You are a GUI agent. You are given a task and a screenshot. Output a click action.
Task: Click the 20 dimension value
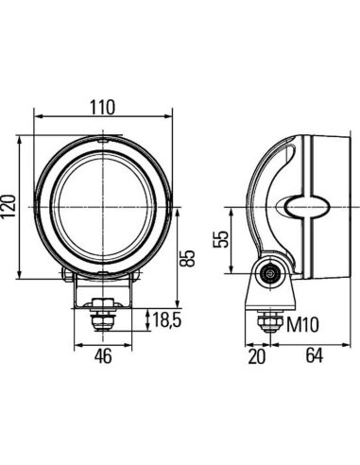click(256, 358)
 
